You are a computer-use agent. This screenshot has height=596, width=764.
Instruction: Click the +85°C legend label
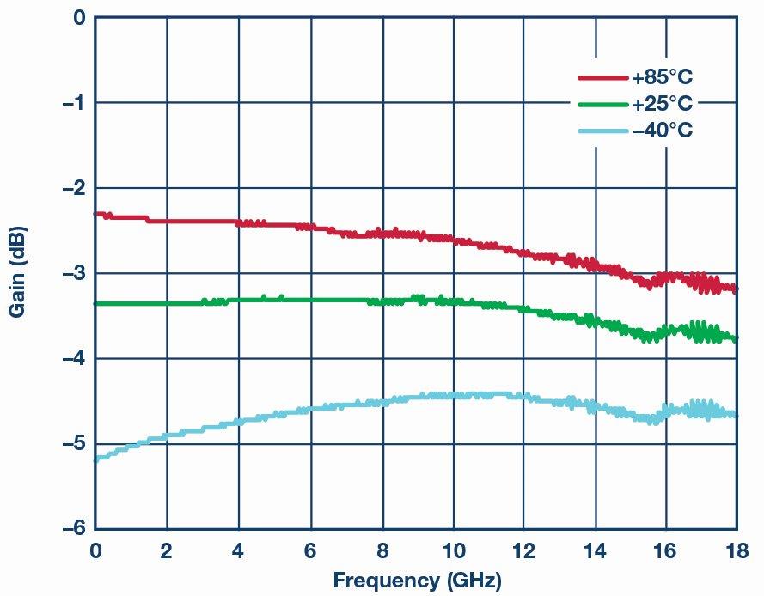click(x=662, y=78)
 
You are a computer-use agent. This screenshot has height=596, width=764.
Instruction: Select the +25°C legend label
click(x=662, y=105)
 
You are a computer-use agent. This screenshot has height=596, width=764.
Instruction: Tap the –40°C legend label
click(x=662, y=131)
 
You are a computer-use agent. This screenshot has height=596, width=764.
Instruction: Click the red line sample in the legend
click(x=602, y=78)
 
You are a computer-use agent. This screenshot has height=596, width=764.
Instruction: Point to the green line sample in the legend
click(x=602, y=105)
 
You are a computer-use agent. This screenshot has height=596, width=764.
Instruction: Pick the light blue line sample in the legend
click(x=602, y=131)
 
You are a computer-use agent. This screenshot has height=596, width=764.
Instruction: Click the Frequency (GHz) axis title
click(x=417, y=579)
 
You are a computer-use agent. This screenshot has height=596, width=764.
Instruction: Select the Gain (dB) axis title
click(x=17, y=272)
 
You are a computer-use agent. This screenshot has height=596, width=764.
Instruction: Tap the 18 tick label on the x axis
click(x=736, y=550)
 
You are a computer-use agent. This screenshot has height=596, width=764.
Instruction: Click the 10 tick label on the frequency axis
click(x=452, y=550)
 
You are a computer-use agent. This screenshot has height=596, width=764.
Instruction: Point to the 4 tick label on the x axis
click(x=238, y=550)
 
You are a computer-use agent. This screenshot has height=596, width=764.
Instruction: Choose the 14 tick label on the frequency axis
click(x=595, y=550)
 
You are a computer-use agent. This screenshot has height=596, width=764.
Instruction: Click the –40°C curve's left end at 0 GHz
click(x=96, y=459)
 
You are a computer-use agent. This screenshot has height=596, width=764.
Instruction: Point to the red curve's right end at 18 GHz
click(x=735, y=289)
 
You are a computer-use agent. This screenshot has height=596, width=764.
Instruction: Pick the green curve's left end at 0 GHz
click(x=96, y=303)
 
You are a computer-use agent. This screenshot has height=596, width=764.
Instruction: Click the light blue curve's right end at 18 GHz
click(x=735, y=415)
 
